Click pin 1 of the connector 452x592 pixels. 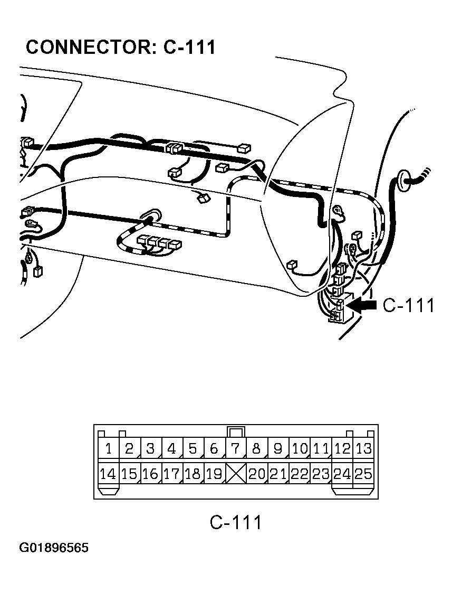tap(108, 449)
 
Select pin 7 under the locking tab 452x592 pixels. tap(235, 449)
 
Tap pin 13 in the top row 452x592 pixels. tap(363, 449)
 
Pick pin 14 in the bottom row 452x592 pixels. tap(108, 474)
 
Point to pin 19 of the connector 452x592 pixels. tap(214, 474)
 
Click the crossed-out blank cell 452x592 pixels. tap(236, 473)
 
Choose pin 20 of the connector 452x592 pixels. tap(257, 474)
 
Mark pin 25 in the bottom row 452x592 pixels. tap(363, 474)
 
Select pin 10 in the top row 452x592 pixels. tap(300, 449)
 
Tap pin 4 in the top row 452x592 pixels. tap(171, 449)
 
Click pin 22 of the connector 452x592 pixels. tap(300, 474)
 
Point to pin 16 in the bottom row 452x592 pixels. tap(150, 474)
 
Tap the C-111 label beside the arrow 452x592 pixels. tap(408, 305)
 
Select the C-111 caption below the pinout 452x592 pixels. tap(236, 522)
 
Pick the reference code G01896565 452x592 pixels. tap(54, 548)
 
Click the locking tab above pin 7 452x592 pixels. tap(236, 431)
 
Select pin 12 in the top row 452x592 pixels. tap(342, 449)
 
